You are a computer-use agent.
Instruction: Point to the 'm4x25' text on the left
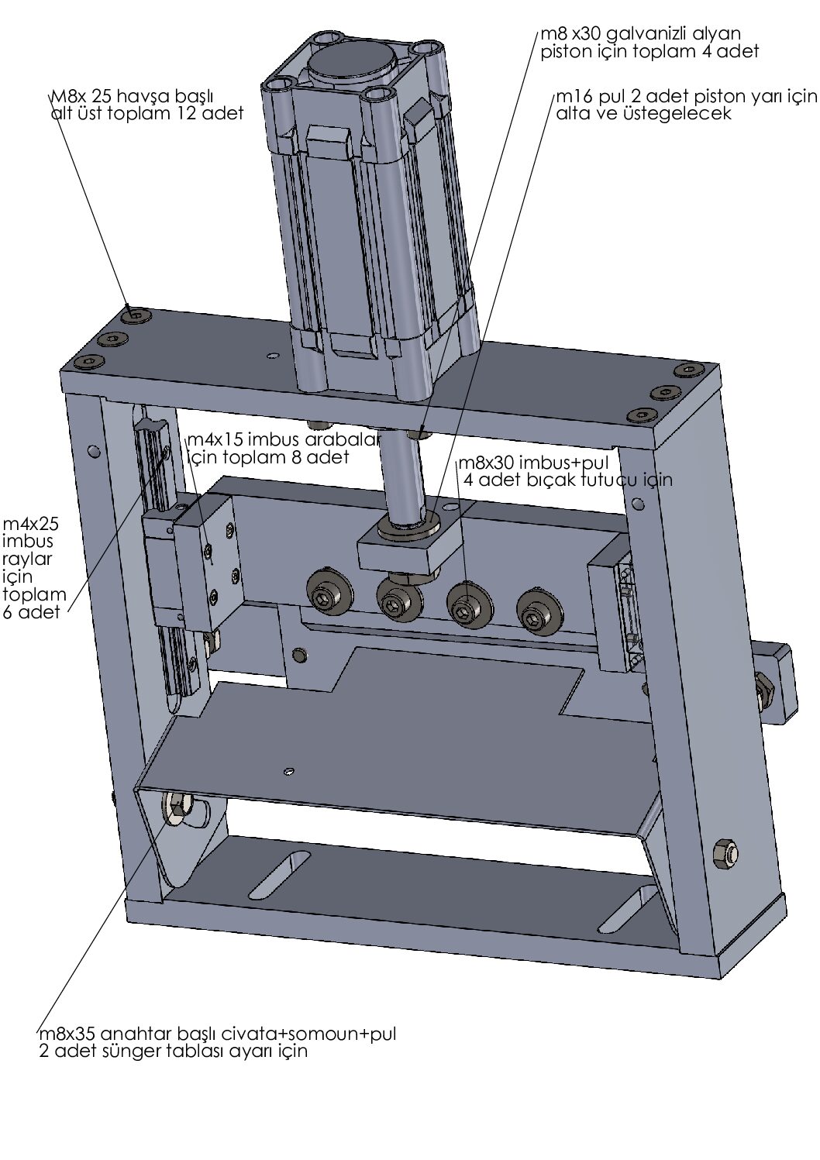31,524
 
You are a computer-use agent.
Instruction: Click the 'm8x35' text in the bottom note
67,1034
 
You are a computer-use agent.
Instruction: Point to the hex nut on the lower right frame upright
724,852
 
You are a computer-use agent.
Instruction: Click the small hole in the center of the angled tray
289,772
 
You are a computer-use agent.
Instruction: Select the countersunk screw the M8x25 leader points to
136,315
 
